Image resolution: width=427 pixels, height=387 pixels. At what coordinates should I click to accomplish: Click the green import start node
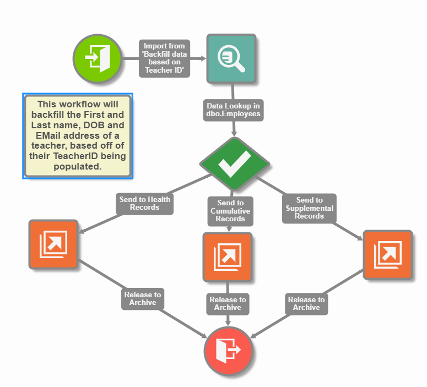pyautogui.click(x=97, y=58)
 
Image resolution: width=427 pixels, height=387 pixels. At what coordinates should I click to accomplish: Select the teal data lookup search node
pyautogui.click(x=231, y=59)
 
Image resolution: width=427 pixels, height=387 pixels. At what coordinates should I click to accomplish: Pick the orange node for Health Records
pyautogui.click(x=53, y=244)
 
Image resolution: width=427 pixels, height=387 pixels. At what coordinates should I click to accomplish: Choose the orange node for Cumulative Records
pyautogui.click(x=228, y=257)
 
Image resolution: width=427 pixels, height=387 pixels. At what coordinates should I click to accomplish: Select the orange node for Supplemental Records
pyautogui.click(x=387, y=255)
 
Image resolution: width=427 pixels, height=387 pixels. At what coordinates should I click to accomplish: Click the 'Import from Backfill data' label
pyautogui.click(x=164, y=58)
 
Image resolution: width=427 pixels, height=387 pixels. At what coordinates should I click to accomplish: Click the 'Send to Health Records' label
pyautogui.click(x=144, y=203)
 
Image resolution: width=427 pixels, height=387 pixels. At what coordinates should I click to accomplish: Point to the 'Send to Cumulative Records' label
pyautogui.click(x=230, y=211)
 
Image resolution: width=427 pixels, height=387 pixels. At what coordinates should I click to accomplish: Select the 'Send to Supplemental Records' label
pyautogui.click(x=309, y=208)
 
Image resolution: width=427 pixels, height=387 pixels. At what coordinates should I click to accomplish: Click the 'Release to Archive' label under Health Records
pyautogui.click(x=143, y=298)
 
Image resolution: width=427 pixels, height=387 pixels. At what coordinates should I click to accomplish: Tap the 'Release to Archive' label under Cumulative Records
pyautogui.click(x=228, y=303)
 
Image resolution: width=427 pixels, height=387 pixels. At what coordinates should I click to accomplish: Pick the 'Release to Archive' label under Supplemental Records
pyautogui.click(x=306, y=303)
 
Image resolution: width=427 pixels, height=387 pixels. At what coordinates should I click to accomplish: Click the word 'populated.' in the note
pyautogui.click(x=77, y=167)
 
